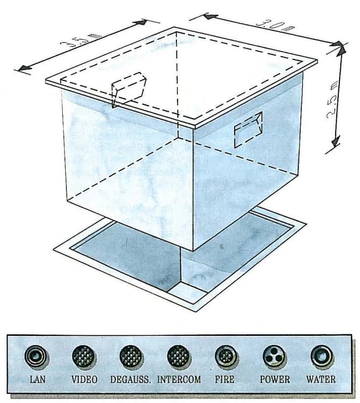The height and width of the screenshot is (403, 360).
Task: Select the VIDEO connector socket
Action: pyautogui.click(x=83, y=357)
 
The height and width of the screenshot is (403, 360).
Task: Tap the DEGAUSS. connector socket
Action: pyautogui.click(x=131, y=357)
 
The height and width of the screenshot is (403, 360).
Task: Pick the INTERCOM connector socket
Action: pyautogui.click(x=178, y=357)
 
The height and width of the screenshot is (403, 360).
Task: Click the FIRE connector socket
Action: pyautogui.click(x=226, y=357)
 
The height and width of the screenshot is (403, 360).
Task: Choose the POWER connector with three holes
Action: pyautogui.click(x=274, y=357)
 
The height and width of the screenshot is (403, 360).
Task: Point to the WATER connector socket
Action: pyautogui.click(x=321, y=357)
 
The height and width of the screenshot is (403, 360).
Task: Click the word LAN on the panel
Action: pyautogui.click(x=37, y=379)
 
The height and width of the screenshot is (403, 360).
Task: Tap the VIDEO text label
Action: pyautogui.click(x=84, y=379)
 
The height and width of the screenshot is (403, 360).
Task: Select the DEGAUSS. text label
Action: pyautogui.click(x=130, y=380)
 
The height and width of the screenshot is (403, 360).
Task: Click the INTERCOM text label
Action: pyautogui.click(x=179, y=380)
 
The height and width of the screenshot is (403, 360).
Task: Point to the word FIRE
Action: pyautogui.click(x=225, y=379)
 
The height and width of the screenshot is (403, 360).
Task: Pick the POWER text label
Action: pyautogui.click(x=275, y=379)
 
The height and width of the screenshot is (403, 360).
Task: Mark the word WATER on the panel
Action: pyautogui.click(x=321, y=379)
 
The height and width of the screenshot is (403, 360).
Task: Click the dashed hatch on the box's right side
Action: pyautogui.click(x=248, y=129)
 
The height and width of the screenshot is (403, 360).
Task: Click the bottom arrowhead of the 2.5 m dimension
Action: pyautogui.click(x=336, y=141)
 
